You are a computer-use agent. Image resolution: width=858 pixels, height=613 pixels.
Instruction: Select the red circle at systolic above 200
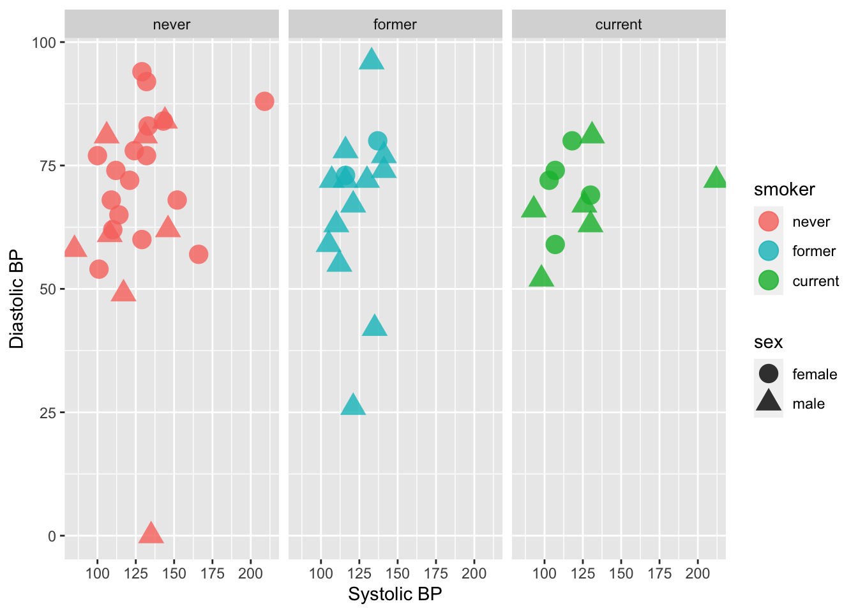click(x=264, y=102)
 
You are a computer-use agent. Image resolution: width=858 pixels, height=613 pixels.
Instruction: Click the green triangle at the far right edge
click(x=716, y=179)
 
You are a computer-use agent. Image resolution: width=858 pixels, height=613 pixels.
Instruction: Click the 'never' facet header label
click(x=172, y=25)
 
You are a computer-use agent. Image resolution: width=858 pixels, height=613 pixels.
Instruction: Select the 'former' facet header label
click(x=395, y=25)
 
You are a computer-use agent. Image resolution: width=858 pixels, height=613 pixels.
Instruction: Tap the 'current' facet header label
click(x=619, y=25)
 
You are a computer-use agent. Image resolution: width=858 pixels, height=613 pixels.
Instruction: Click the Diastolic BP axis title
click(x=17, y=299)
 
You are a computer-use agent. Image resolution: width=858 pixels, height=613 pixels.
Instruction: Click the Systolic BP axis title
click(x=395, y=594)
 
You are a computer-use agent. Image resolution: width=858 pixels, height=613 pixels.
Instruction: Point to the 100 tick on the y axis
click(x=44, y=43)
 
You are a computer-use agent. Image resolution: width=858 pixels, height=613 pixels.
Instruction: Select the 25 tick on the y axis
click(x=48, y=412)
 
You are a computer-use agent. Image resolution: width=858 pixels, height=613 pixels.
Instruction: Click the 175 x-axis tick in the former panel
click(x=436, y=573)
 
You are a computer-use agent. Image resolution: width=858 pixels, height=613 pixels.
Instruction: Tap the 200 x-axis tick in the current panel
click(x=698, y=573)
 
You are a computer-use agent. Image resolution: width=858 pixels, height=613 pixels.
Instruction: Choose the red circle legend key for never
click(x=769, y=222)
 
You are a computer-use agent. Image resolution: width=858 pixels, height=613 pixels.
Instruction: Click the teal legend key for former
click(x=769, y=251)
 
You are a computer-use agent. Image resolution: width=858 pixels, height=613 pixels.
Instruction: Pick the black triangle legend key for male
click(x=769, y=402)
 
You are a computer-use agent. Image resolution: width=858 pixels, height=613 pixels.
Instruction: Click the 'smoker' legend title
click(x=784, y=190)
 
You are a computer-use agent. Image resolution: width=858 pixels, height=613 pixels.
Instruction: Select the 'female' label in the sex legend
click(x=814, y=374)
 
